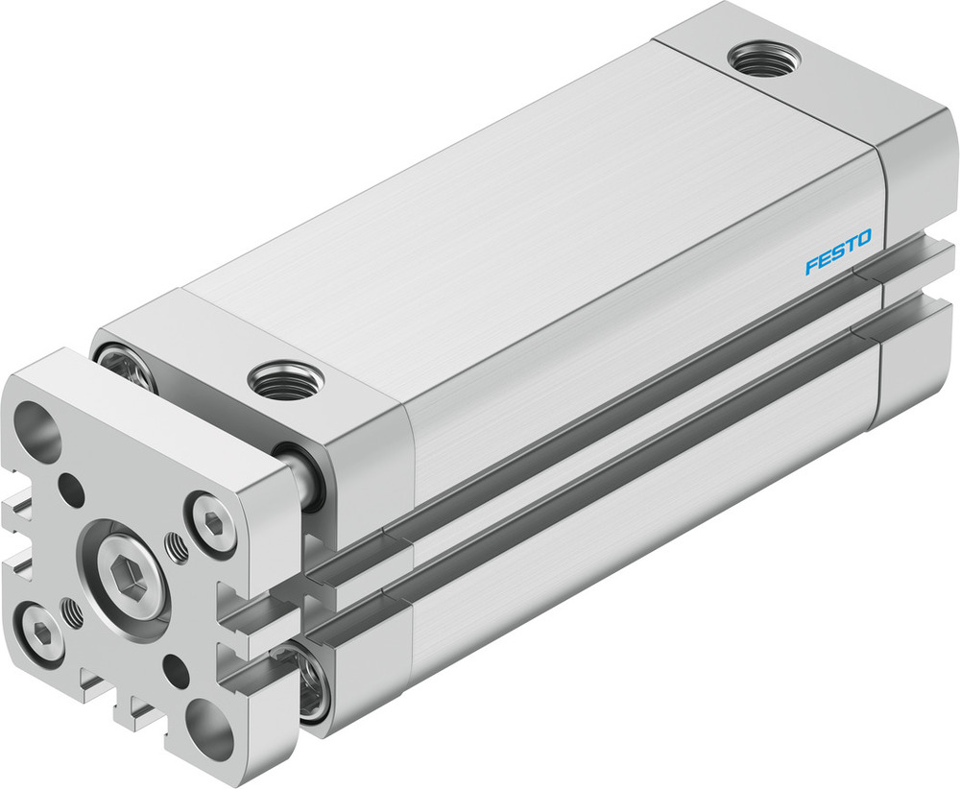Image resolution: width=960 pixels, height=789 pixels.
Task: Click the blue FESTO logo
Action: point(838,251)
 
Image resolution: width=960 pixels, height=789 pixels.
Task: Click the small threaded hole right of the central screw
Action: point(176,548)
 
